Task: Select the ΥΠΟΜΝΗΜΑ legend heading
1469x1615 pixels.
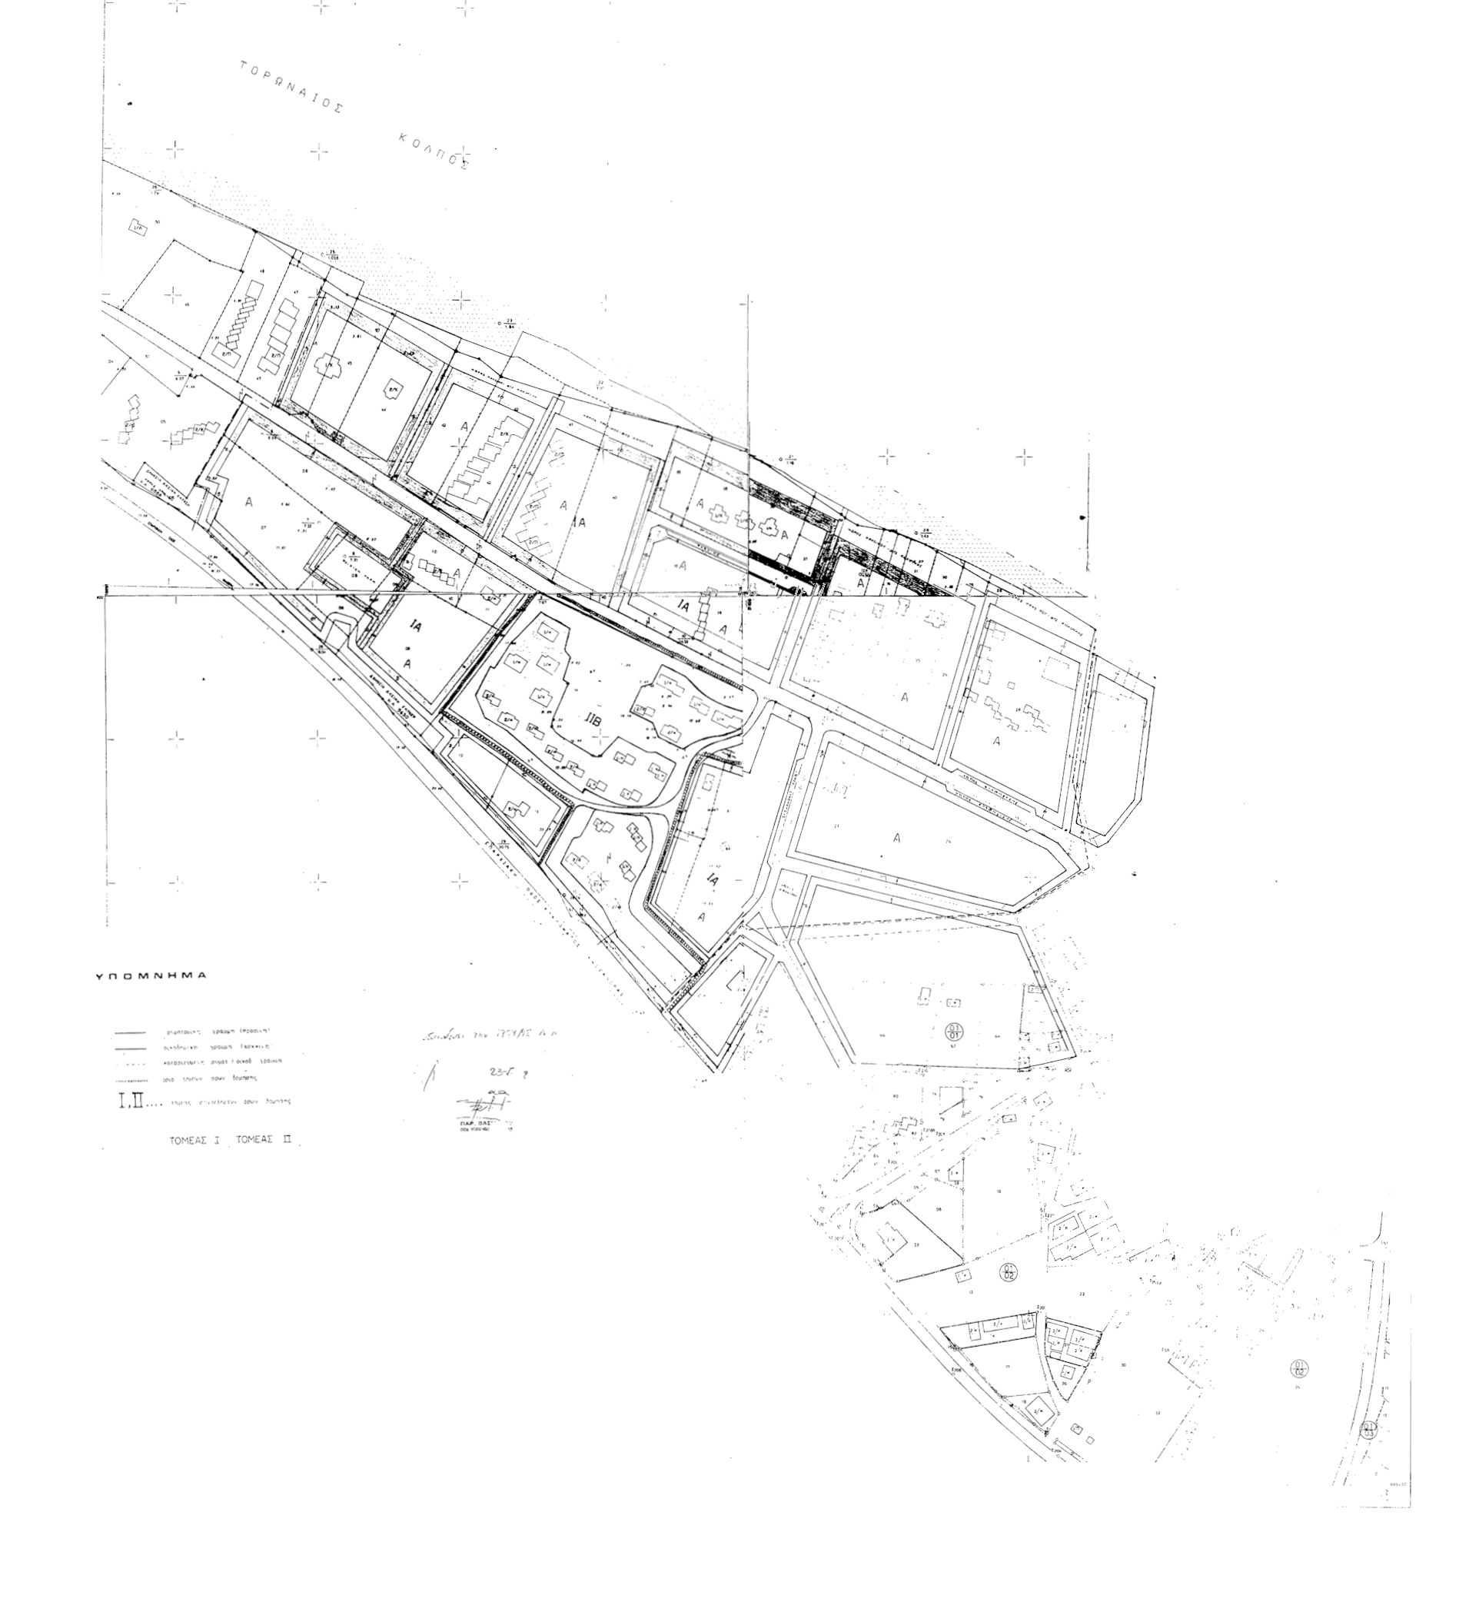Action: pyautogui.click(x=151, y=976)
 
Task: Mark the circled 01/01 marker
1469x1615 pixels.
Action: pyautogui.click(x=954, y=1030)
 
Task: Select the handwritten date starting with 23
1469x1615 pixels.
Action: pyautogui.click(x=503, y=1072)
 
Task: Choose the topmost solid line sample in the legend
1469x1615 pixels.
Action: pyautogui.click(x=129, y=1032)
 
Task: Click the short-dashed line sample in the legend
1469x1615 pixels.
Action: pyautogui.click(x=129, y=1064)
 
